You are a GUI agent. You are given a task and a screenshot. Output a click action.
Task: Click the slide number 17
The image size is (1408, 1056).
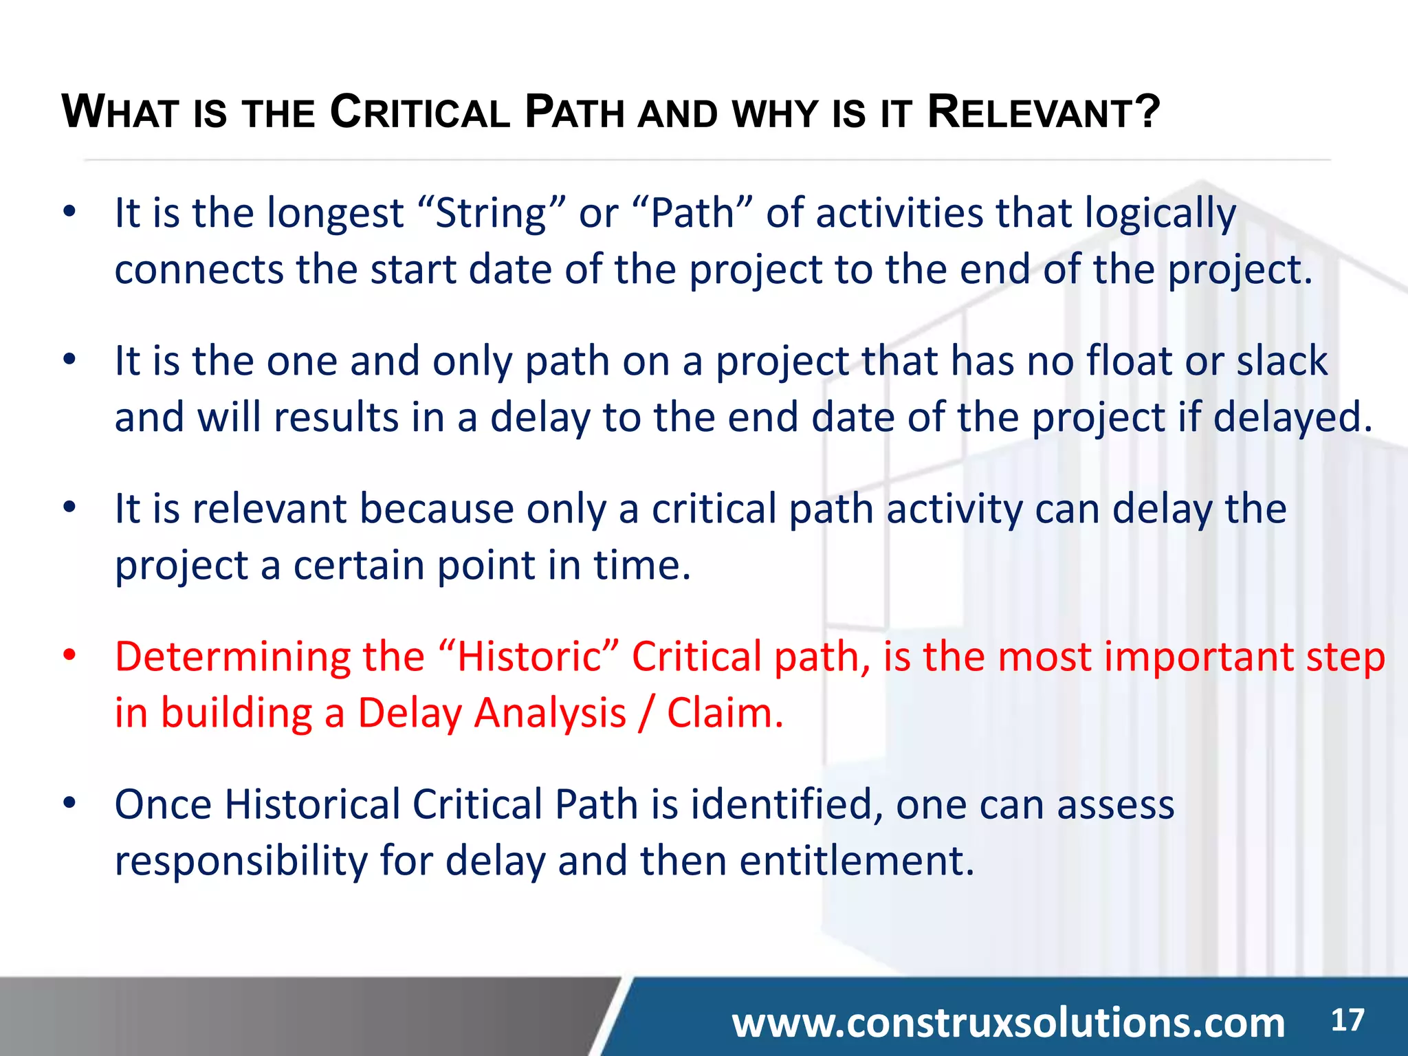point(1347,1020)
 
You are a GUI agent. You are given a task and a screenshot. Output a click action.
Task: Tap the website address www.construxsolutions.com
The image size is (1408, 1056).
point(1008,1023)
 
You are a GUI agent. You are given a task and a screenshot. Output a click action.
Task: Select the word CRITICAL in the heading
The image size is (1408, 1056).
point(419,113)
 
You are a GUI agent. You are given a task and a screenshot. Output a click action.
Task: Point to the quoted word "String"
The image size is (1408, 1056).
point(491,213)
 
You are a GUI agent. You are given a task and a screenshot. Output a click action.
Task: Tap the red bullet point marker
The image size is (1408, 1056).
point(69,655)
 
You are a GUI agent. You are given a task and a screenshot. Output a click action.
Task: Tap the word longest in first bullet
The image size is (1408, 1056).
point(335,214)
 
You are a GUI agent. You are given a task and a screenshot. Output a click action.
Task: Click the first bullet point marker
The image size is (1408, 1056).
point(69,212)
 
